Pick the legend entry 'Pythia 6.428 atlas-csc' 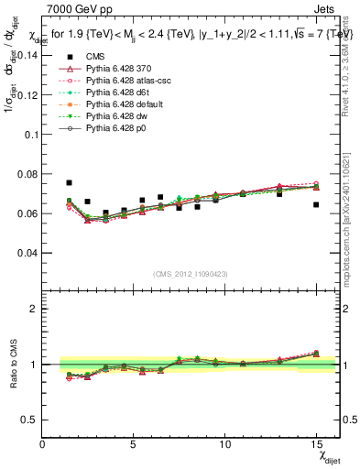[x=125, y=81]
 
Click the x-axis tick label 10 [x=224, y=444]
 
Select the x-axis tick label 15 [x=316, y=444]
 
